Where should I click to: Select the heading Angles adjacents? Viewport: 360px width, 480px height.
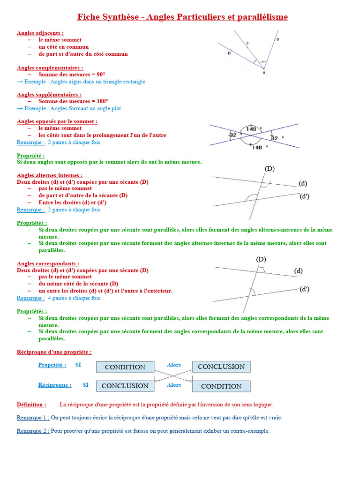point(40,33)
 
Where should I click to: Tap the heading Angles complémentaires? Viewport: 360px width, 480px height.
point(50,67)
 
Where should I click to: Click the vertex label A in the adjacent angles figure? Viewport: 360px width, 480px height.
point(263,73)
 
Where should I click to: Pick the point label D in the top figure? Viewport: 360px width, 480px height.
point(277,39)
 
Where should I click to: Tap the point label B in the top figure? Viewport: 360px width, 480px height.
point(229,53)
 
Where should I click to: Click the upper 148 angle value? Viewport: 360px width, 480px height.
point(251,129)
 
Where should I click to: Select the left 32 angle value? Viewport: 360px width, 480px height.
point(233,135)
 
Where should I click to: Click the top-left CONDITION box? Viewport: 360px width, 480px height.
point(125,367)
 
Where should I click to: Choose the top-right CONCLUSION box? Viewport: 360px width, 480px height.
point(221,367)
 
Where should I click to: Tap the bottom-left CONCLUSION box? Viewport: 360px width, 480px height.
point(125,386)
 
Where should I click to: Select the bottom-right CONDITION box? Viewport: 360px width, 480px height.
point(221,386)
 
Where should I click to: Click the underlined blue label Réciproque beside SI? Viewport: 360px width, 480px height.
point(55,385)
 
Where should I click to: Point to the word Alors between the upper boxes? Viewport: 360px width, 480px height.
point(174,365)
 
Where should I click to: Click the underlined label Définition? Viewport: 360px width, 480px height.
point(31,404)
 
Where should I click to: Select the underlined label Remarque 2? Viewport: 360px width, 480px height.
point(33,431)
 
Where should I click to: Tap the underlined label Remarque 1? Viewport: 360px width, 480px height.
point(33,417)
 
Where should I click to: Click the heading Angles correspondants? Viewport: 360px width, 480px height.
point(48,263)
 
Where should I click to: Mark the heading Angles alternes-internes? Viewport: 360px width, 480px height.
point(50,175)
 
